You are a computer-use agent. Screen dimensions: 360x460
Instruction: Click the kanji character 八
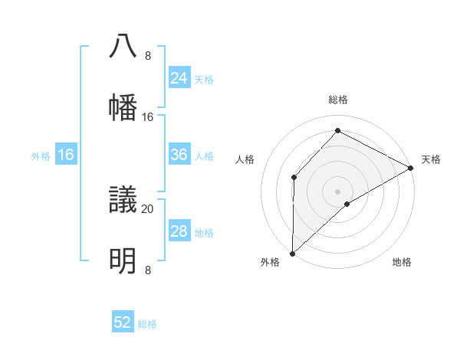[123, 47]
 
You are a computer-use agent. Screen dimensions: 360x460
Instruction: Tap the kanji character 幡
[123, 107]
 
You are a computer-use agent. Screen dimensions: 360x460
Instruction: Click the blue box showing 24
[179, 78]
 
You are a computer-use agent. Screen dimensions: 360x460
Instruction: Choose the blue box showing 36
[179, 155]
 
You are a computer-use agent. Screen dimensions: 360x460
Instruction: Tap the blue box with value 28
[179, 231]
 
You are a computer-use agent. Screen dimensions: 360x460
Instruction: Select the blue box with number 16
[66, 155]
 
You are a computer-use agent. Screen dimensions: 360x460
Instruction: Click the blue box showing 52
[123, 322]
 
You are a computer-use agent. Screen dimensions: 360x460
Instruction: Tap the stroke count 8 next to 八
[148, 56]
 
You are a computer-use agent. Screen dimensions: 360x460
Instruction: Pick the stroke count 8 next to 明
[148, 270]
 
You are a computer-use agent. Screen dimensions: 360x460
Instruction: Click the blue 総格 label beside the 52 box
[147, 324]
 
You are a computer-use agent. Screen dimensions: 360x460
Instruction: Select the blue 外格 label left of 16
[41, 156]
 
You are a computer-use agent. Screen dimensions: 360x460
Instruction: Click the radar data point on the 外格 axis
[292, 253]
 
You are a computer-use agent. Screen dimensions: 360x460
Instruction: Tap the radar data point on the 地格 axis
[347, 204]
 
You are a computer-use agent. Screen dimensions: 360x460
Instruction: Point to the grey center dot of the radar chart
[337, 191]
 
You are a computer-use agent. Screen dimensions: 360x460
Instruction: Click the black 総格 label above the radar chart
[338, 100]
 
